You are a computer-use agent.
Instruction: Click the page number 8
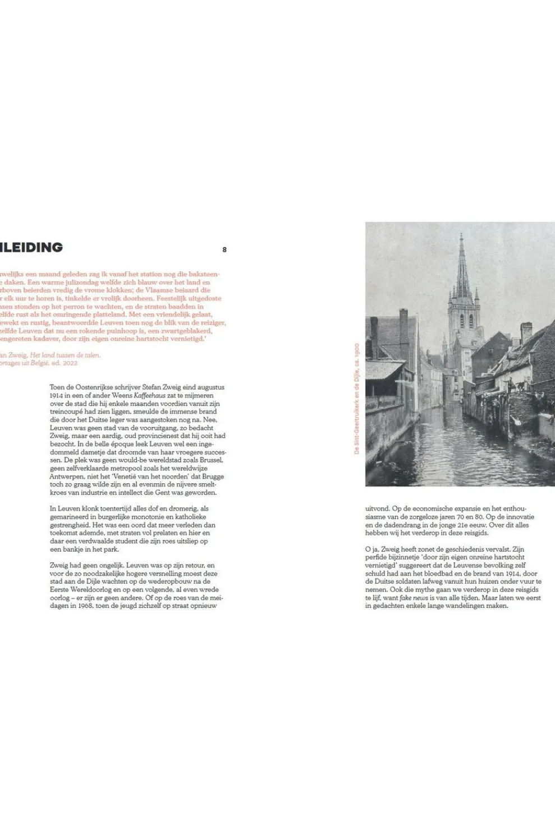(224, 249)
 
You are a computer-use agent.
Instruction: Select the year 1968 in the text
(83, 605)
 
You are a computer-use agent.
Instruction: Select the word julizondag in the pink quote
(64, 283)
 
